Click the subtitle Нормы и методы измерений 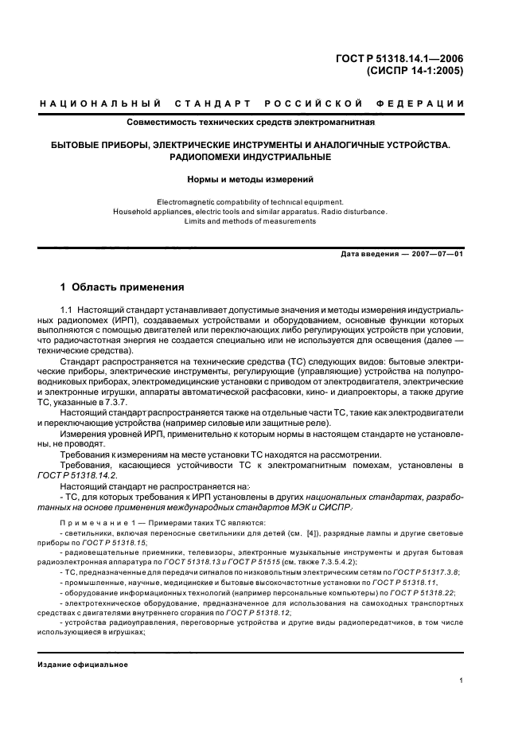(x=251, y=179)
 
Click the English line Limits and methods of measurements (x=251, y=221)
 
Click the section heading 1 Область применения (x=123, y=287)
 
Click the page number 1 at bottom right (x=462, y=681)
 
